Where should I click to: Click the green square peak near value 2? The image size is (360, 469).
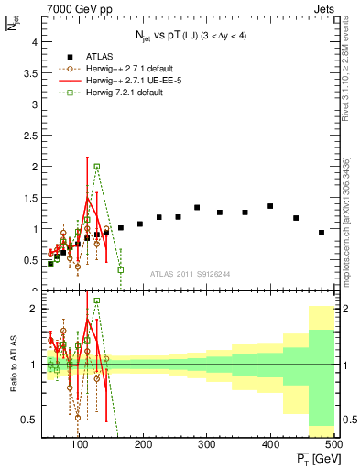coord(96,167)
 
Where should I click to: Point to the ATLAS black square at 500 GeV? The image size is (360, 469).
coord(322,233)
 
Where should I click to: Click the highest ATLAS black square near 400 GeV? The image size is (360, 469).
coord(270,206)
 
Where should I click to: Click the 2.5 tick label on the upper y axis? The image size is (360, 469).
coord(30,136)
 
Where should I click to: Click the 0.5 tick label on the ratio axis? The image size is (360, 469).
coord(30,420)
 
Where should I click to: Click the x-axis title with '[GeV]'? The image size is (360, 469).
coord(317,457)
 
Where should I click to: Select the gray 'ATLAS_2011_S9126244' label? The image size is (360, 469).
coord(190,272)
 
